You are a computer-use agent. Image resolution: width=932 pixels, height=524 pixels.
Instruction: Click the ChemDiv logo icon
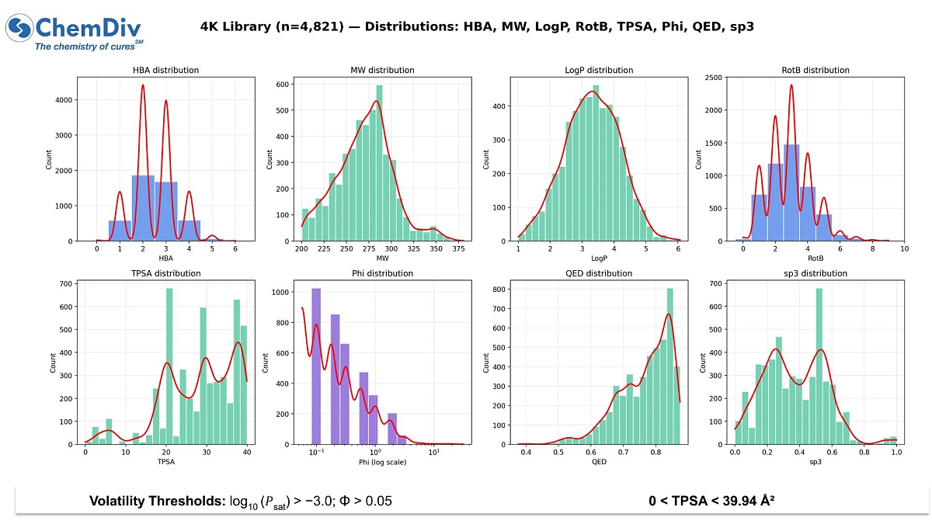[19, 28]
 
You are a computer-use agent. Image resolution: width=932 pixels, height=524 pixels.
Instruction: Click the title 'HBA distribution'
[165, 71]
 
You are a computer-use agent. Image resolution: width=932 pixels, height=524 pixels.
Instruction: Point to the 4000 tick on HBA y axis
[64, 100]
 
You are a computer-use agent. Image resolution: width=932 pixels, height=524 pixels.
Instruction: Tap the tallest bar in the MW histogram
[380, 163]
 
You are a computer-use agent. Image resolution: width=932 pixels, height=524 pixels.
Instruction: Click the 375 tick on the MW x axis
[458, 248]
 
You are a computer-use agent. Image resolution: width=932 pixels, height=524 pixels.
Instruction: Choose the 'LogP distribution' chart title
[599, 71]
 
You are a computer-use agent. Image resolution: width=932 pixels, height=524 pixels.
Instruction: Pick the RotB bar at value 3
[791, 193]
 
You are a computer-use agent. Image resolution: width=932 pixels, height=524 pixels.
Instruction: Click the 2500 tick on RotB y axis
[713, 78]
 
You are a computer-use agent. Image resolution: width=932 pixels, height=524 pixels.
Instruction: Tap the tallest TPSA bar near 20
[169, 366]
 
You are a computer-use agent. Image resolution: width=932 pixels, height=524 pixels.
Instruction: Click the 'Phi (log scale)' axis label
[382, 462]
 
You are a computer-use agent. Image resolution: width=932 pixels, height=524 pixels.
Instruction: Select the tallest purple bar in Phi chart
[316, 366]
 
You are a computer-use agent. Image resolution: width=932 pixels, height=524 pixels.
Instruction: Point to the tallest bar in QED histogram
[669, 366]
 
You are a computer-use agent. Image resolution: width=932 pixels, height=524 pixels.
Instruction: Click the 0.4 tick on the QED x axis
[526, 452]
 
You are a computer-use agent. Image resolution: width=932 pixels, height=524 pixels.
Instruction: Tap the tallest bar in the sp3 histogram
[819, 366]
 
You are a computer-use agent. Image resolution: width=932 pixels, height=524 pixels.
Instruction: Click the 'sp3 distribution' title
[815, 273]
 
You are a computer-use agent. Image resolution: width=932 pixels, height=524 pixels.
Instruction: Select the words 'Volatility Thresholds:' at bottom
[158, 501]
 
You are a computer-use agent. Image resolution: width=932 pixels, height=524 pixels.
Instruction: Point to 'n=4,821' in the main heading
[310, 26]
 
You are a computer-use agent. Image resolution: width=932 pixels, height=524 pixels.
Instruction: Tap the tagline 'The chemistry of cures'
[85, 47]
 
